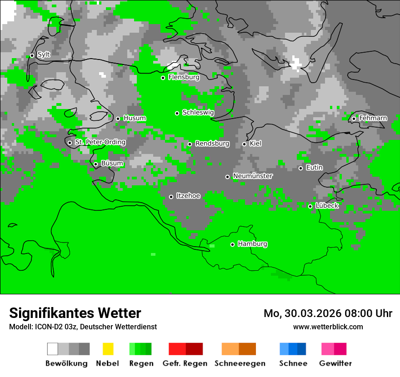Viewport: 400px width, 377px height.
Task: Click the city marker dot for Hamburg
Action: click(232, 244)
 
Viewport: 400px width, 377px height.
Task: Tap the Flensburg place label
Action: click(184, 77)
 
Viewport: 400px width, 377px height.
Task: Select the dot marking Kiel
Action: click(244, 144)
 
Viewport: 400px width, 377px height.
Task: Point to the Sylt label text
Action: click(44, 55)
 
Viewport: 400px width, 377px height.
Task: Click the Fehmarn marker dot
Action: click(354, 119)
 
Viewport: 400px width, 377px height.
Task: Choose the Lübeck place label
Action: click(327, 206)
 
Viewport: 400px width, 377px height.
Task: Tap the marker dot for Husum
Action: click(118, 119)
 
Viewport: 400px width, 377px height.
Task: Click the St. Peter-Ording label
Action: click(100, 142)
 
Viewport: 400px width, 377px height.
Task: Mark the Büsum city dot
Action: click(95, 164)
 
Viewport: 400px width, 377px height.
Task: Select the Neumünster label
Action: click(253, 176)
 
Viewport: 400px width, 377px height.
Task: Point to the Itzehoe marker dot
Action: click(171, 197)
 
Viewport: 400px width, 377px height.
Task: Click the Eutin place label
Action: click(314, 168)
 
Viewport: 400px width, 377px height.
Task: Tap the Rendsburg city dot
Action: click(190, 144)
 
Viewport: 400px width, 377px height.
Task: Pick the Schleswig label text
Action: click(198, 112)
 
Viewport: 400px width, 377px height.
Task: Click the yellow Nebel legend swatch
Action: click(108, 349)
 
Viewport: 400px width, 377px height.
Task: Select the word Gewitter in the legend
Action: click(335, 363)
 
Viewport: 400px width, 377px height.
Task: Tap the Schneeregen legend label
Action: click(240, 363)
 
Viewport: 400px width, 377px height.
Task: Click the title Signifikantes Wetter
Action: click(75, 313)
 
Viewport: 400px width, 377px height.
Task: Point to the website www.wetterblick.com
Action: click(328, 327)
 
